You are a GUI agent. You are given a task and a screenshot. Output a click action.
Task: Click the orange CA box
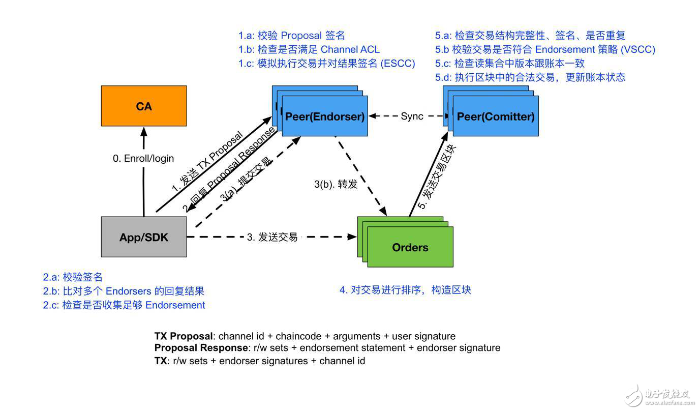click(144, 106)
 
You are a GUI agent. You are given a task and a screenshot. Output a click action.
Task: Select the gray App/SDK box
click(144, 237)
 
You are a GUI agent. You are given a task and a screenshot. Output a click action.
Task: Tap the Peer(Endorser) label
click(325, 116)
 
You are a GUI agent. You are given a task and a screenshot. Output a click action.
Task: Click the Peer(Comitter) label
click(496, 116)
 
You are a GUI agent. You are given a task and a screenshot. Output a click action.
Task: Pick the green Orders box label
click(410, 248)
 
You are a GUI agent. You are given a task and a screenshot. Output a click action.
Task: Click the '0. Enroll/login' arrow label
click(143, 159)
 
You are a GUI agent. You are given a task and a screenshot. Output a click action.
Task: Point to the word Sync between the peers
click(412, 116)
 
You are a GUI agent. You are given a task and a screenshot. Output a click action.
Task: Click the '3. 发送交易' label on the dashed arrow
click(272, 237)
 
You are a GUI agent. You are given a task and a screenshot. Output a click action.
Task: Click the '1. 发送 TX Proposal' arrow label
click(207, 163)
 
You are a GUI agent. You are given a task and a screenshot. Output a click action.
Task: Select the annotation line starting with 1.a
click(292, 36)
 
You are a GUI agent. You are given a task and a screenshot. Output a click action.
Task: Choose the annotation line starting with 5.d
click(530, 77)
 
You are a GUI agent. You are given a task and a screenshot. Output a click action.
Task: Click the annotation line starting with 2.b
click(124, 291)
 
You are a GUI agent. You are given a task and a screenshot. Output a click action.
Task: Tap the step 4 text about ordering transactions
click(405, 290)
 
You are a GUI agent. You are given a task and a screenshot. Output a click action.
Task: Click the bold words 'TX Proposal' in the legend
click(184, 336)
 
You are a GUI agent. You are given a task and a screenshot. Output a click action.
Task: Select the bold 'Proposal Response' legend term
click(201, 348)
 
